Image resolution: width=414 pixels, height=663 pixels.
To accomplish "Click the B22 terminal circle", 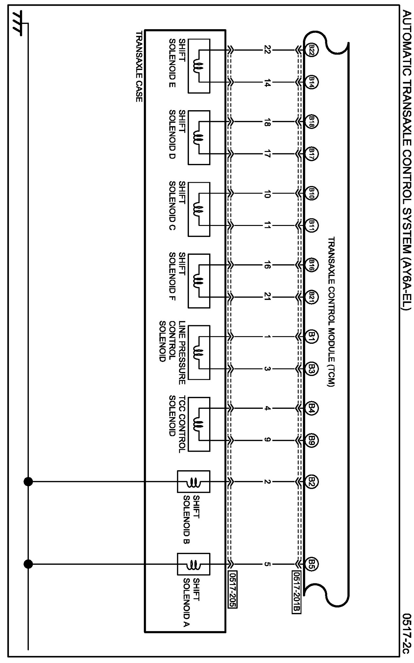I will pyautogui.click(x=312, y=50).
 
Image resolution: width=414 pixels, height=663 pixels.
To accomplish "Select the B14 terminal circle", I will pyautogui.click(x=312, y=82).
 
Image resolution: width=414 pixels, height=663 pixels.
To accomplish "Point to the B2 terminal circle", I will pyautogui.click(x=312, y=481).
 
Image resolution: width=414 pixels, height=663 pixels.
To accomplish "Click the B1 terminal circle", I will pyautogui.click(x=312, y=337).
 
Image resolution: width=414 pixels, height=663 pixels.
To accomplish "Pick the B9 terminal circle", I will pyautogui.click(x=312, y=440).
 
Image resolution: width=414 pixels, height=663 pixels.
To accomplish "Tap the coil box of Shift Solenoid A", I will pyautogui.click(x=194, y=564).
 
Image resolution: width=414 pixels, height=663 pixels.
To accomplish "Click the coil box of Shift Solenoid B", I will pyautogui.click(x=194, y=481).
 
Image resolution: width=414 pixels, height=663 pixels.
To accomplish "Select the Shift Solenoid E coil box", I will pyautogui.click(x=199, y=66).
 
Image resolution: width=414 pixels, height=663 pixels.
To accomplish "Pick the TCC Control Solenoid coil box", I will pyautogui.click(x=199, y=424).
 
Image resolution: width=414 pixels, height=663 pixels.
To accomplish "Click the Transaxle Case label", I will pyautogui.click(x=139, y=66).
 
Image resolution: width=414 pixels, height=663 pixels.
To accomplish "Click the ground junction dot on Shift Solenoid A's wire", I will pyautogui.click(x=28, y=564).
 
